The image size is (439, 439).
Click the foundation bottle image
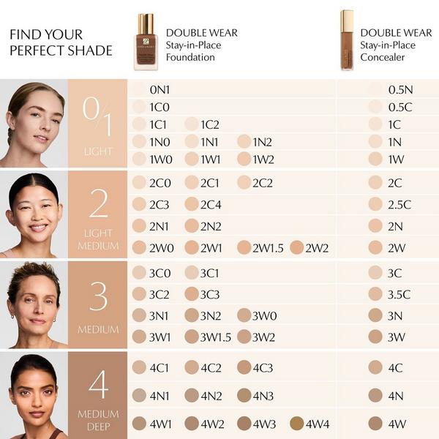tap(146, 42)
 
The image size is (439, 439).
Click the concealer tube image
tap(346, 41)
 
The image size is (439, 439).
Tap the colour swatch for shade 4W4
tap(296, 423)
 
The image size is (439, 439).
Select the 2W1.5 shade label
tap(268, 248)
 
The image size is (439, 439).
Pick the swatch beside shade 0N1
tap(139, 89)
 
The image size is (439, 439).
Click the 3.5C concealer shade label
tap(399, 294)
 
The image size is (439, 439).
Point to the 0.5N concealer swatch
tap(375, 89)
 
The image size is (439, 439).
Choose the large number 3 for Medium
tap(98, 296)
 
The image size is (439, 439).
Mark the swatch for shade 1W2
tap(244, 159)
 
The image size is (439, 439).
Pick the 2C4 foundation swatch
tap(192, 204)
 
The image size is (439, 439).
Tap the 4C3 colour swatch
tap(244, 367)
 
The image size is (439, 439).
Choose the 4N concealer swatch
tap(375, 395)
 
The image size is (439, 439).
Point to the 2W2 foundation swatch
tap(296, 248)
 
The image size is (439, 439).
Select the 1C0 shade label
tap(160, 107)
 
